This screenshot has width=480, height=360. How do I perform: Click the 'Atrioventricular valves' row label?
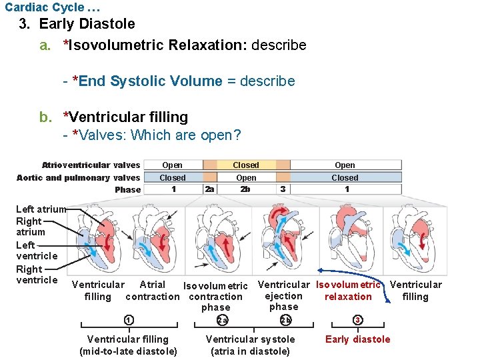pyautogui.click(x=91, y=165)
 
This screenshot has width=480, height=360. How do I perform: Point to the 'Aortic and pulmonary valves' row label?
pyautogui.click(x=78, y=177)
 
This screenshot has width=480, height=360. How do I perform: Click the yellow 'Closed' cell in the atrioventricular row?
pyautogui.click(x=246, y=165)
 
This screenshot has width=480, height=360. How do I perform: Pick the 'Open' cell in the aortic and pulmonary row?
pyautogui.click(x=246, y=177)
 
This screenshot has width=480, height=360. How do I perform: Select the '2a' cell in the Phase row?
pyautogui.click(x=209, y=189)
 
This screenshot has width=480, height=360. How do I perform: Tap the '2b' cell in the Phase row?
pyautogui.click(x=246, y=189)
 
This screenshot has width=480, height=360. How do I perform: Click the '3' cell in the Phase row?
pyautogui.click(x=283, y=189)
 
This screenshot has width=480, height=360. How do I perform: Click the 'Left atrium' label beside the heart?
pyautogui.click(x=41, y=209)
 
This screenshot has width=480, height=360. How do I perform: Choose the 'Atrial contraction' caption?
pyautogui.click(x=153, y=291)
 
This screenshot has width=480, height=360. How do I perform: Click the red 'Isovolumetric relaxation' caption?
pyautogui.click(x=348, y=291)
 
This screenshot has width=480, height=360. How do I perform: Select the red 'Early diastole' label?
pyautogui.click(x=357, y=339)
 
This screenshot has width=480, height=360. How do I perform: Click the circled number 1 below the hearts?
pyautogui.click(x=129, y=320)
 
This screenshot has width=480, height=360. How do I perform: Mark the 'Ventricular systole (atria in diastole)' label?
pyautogui.click(x=250, y=345)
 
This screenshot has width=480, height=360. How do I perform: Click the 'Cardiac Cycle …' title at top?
pyautogui.click(x=44, y=7)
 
